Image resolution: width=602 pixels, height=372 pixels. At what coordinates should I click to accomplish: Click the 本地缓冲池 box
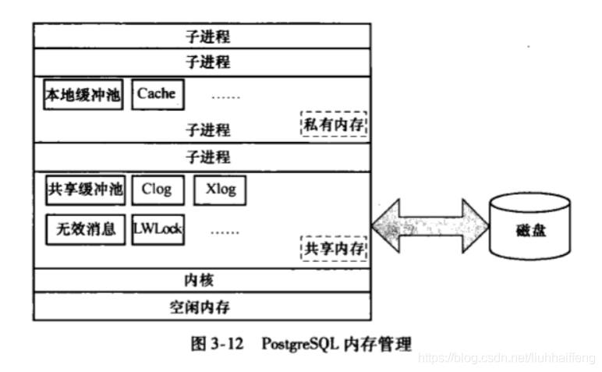coord(83,94)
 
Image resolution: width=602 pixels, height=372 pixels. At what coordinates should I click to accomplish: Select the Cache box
coord(156,94)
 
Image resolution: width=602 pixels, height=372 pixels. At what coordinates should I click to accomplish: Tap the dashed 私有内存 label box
coord(334,123)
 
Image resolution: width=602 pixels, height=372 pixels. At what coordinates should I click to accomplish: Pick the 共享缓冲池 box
coord(85,190)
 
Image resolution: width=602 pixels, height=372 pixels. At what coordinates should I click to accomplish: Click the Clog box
coord(157,190)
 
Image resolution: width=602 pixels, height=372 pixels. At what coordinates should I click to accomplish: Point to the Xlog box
coord(220,190)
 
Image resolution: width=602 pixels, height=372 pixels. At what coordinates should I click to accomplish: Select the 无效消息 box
coord(85,229)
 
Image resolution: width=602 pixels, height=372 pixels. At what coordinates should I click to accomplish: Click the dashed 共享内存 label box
coord(335,250)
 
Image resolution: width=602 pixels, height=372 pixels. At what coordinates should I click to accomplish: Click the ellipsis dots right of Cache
coord(226,97)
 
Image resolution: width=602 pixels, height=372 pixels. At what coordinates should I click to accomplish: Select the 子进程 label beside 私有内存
coord(207,129)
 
